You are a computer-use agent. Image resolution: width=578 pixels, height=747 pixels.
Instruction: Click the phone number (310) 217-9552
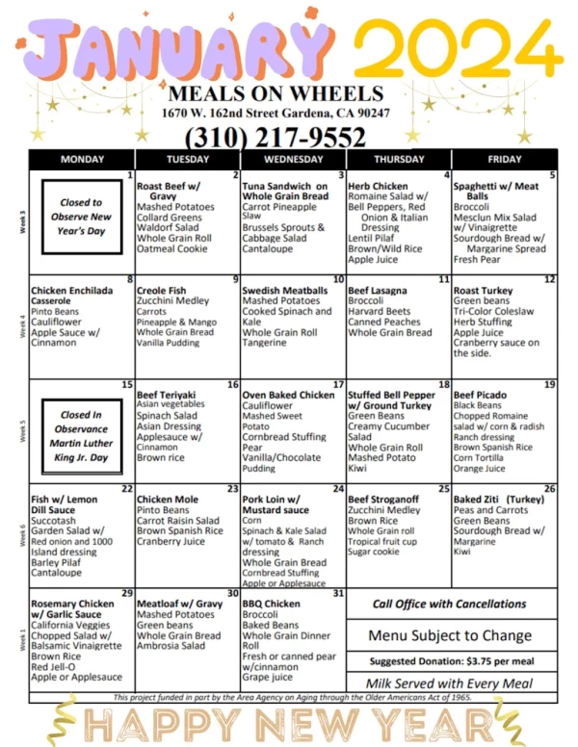[x=275, y=137]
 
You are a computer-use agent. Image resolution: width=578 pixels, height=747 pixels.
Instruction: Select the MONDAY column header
[x=82, y=159]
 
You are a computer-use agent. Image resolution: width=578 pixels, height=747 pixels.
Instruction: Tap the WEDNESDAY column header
[x=293, y=159]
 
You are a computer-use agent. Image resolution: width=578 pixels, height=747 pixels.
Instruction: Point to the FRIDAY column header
[x=505, y=159]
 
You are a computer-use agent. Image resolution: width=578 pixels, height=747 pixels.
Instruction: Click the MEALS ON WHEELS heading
[x=276, y=93]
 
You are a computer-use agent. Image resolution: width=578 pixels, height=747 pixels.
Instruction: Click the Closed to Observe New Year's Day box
[x=82, y=217]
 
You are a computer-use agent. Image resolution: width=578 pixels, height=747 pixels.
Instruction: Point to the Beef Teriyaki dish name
[x=167, y=395]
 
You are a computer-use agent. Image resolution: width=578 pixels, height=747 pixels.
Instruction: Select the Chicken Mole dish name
[x=168, y=500]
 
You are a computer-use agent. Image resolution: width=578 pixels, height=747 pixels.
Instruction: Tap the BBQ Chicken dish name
[x=272, y=604]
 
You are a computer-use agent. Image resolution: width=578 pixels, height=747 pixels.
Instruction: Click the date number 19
[x=549, y=384]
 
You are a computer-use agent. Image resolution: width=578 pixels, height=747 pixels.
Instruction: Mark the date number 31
[x=337, y=593]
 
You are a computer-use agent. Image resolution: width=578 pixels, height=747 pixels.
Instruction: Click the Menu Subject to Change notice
[x=451, y=635]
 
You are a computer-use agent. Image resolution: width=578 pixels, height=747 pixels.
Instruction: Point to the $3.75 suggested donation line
[x=451, y=661]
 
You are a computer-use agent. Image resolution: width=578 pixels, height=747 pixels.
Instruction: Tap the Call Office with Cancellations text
[x=451, y=605]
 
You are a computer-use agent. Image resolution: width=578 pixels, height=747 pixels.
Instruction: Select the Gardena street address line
[x=276, y=113]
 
